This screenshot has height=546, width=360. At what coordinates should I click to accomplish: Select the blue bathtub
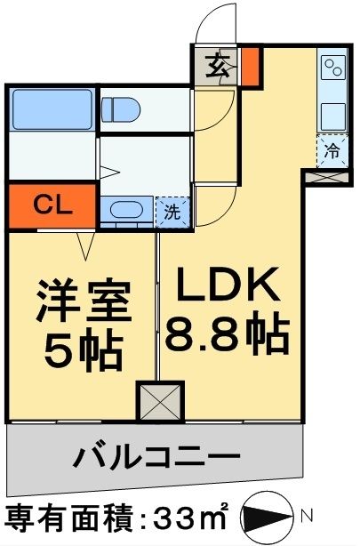click(52, 110)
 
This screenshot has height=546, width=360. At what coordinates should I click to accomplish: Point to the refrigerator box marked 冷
click(332, 151)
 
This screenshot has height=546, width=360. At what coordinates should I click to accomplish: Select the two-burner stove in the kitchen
click(333, 70)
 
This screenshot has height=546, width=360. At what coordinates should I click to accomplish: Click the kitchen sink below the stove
click(333, 116)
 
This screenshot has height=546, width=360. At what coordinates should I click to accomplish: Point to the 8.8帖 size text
click(226, 335)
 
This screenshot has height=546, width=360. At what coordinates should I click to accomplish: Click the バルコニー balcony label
click(156, 460)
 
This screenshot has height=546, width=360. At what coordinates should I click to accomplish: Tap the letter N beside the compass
click(306, 514)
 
